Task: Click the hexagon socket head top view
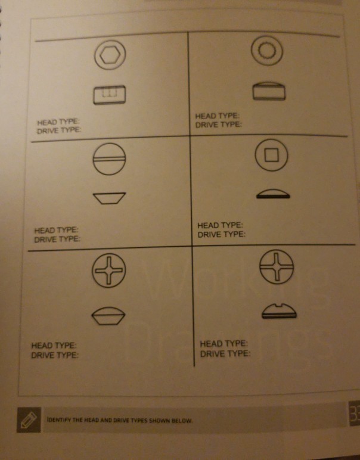pyautogui.click(x=110, y=55)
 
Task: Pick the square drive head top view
pyautogui.click(x=271, y=156)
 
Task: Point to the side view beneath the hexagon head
pyautogui.click(x=109, y=95)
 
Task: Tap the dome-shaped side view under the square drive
pyautogui.click(x=272, y=194)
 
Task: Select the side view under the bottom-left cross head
pyautogui.click(x=107, y=316)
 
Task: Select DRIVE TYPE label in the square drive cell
pyautogui.click(x=221, y=234)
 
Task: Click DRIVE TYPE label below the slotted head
pyautogui.click(x=57, y=239)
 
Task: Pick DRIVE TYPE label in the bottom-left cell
pyautogui.click(x=55, y=355)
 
